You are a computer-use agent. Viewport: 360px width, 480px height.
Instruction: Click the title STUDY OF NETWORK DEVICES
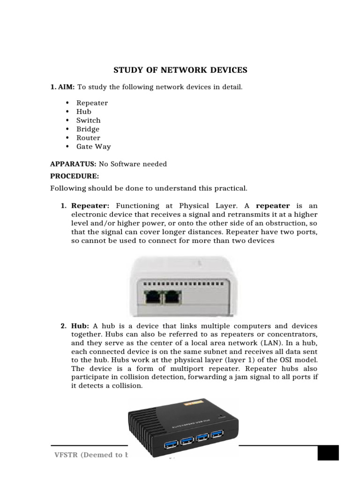[180, 70]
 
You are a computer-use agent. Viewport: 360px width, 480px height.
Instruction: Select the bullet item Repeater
[92, 103]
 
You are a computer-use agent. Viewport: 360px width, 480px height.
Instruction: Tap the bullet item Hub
[84, 112]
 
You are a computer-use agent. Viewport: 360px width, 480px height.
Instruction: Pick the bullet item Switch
[88, 120]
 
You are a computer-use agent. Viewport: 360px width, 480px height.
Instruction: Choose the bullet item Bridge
[88, 129]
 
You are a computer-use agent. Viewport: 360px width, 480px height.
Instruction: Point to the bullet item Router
[88, 138]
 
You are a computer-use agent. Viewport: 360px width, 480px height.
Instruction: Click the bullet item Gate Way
[93, 146]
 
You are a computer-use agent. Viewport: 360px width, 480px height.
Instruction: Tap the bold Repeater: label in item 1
[90, 206]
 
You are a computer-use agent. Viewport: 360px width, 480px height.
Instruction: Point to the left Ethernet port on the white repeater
[153, 297]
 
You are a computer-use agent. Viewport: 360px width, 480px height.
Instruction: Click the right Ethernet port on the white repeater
[172, 297]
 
